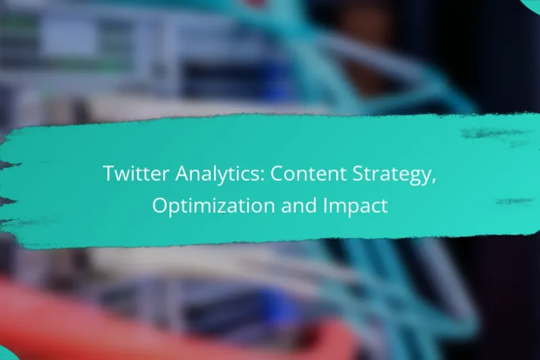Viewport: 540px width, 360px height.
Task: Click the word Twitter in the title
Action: pyautogui.click(x=133, y=174)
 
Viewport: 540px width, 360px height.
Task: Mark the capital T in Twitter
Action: pyautogui.click(x=109, y=174)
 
